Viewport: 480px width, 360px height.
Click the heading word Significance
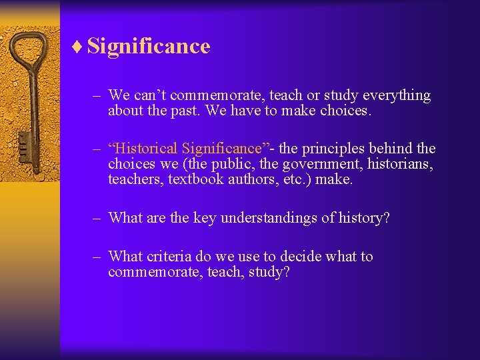(x=149, y=47)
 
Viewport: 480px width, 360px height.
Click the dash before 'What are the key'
(x=97, y=217)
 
